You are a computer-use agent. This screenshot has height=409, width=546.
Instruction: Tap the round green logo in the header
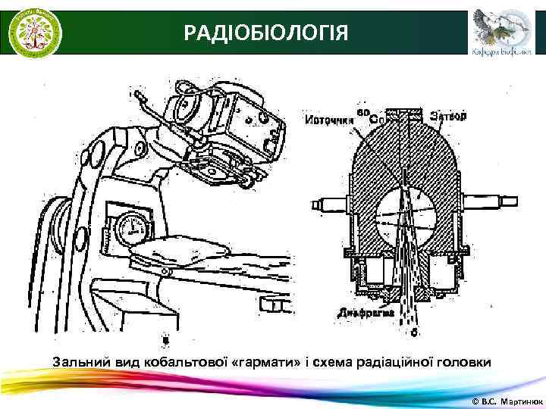35,33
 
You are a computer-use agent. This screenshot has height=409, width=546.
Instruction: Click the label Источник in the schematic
330,119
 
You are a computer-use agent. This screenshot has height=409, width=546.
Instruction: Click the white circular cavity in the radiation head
406,209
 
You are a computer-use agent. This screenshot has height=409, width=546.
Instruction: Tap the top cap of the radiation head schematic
410,114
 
